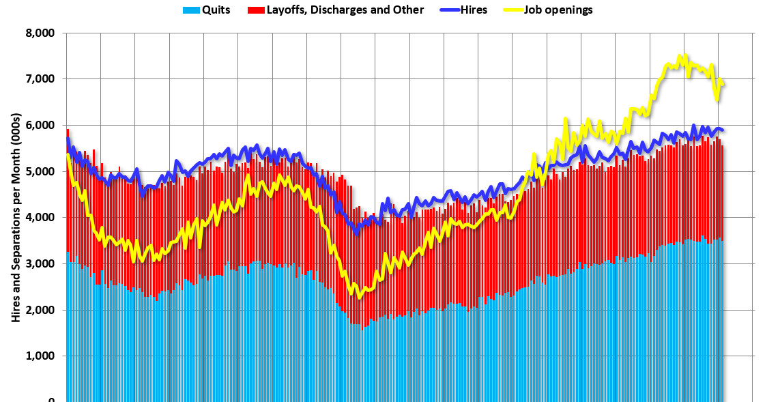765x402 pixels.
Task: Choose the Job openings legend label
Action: pos(559,10)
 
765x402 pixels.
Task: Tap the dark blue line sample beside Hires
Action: pos(445,10)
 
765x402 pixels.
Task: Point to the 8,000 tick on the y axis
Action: pos(40,33)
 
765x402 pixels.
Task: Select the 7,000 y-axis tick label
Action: pos(40,79)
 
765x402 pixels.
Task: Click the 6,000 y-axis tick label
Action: pos(40,126)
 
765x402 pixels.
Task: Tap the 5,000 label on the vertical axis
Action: pos(40,171)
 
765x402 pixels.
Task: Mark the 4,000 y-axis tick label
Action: pos(40,218)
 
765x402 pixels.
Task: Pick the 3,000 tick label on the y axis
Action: pos(40,264)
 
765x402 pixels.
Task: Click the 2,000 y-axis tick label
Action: pos(40,310)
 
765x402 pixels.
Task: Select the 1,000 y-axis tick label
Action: pos(40,356)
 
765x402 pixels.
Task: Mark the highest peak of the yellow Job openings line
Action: pos(682,55)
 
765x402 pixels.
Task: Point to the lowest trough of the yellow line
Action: pos(359,297)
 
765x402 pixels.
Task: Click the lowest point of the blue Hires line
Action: pos(356,232)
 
